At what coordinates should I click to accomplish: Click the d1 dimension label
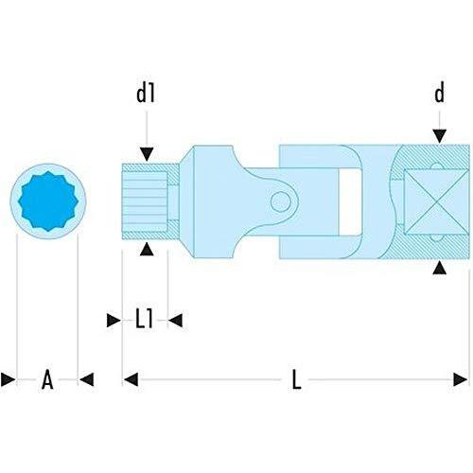[x=146, y=94]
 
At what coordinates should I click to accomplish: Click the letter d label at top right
[x=439, y=93]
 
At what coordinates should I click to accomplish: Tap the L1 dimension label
[x=145, y=319]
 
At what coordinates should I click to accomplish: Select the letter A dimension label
[x=47, y=379]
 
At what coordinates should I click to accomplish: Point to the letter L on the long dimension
[x=296, y=379]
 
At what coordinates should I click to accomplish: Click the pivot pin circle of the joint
[x=280, y=201]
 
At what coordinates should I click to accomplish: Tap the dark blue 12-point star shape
[x=48, y=201]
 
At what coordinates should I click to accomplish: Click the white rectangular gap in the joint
[x=350, y=201]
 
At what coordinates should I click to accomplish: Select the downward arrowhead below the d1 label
[x=147, y=154]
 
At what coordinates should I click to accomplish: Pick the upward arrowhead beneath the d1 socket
[x=147, y=249]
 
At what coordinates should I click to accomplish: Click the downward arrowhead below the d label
[x=439, y=136]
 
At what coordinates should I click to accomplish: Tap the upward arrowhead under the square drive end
[x=439, y=268]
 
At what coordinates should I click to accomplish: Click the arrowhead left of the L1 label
[x=114, y=321]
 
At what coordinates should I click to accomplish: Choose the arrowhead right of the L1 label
[x=175, y=321]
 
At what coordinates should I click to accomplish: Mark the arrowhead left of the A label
[x=8, y=379]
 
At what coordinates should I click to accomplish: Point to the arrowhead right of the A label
[x=87, y=379]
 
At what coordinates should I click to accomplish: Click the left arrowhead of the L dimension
[x=131, y=379]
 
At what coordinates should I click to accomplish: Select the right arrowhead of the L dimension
[x=461, y=379]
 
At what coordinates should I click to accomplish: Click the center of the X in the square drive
[x=437, y=202]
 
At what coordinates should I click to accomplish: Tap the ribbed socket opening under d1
[x=145, y=201]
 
